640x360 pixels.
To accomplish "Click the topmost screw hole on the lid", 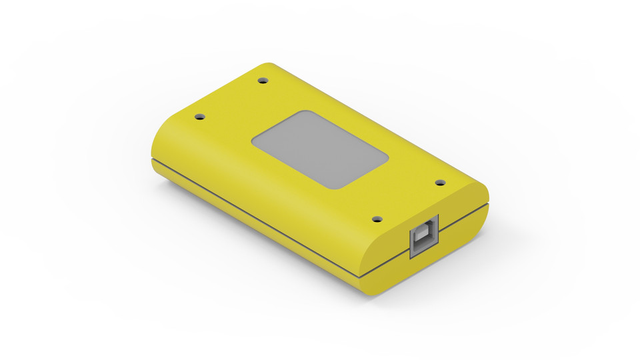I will click(x=263, y=80).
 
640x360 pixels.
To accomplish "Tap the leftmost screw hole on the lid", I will click(x=199, y=117).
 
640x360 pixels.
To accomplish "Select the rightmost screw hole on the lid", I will click(x=440, y=182).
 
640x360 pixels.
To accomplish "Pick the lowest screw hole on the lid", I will click(x=377, y=219).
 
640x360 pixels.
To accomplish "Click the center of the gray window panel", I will click(x=320, y=150).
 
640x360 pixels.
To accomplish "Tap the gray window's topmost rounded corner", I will click(x=303, y=113).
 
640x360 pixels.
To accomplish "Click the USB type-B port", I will click(x=425, y=237).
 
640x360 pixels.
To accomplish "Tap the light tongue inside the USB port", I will click(x=424, y=239).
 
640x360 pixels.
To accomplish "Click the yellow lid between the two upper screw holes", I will click(x=231, y=99).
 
